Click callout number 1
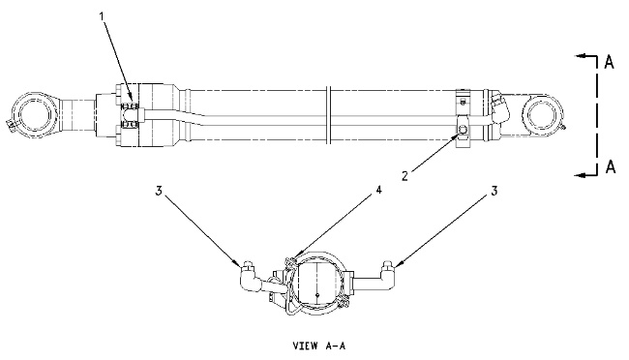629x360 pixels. click(x=102, y=16)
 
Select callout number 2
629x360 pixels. click(x=405, y=175)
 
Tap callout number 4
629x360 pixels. click(x=378, y=191)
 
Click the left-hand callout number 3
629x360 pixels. click(x=159, y=191)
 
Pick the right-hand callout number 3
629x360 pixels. click(x=494, y=191)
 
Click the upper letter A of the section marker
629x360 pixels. click(x=609, y=62)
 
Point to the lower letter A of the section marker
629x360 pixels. click(x=611, y=166)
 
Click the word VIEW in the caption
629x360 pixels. click(x=305, y=345)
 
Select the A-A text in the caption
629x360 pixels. click(x=335, y=345)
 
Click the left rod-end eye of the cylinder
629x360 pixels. click(x=36, y=113)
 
